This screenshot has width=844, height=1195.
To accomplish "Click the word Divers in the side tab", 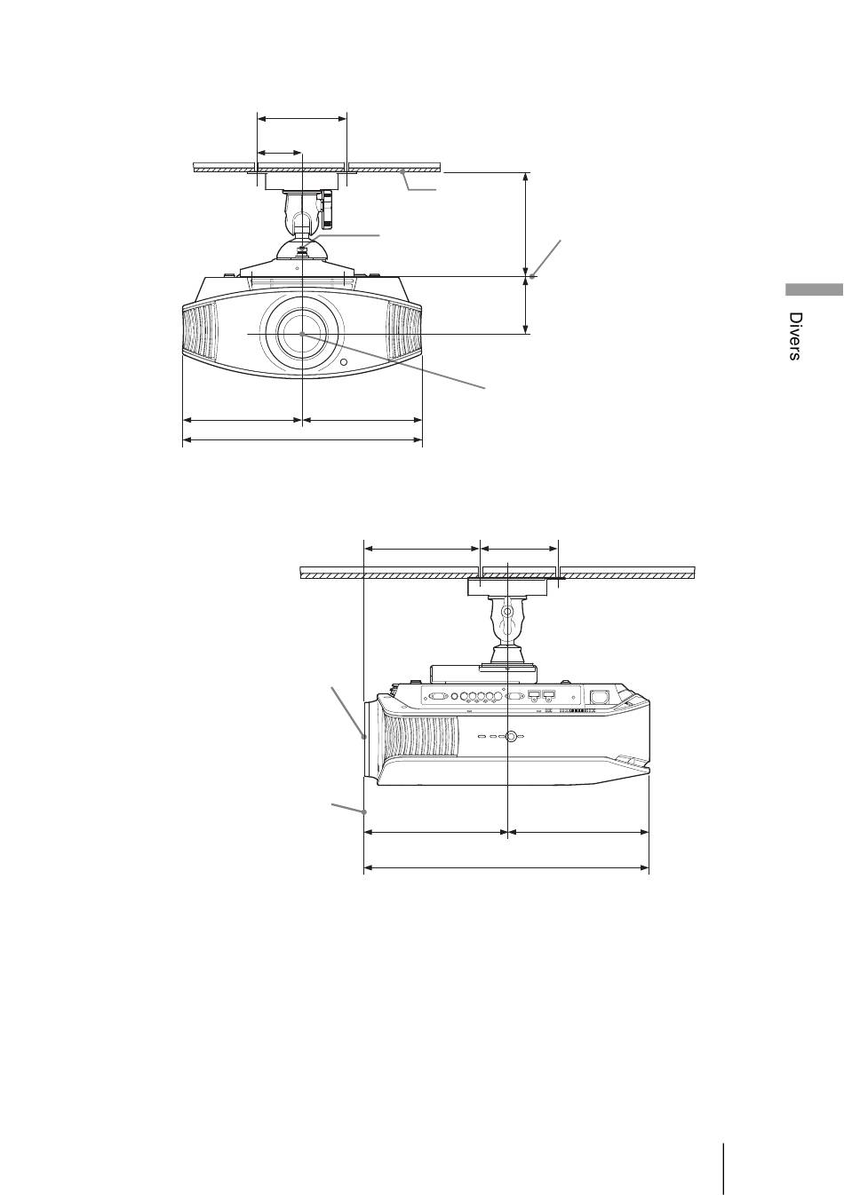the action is coord(794,336).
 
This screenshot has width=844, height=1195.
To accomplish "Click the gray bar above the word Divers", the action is coord(814,289).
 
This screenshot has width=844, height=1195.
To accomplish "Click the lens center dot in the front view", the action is coord(302,334).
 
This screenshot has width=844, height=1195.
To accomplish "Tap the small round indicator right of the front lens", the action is coord(343,362).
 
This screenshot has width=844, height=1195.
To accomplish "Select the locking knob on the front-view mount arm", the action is coord(327,208).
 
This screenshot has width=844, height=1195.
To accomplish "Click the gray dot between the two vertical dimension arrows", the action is coord(532,276).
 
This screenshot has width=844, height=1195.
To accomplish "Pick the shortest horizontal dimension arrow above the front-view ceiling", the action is coord(280,154).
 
